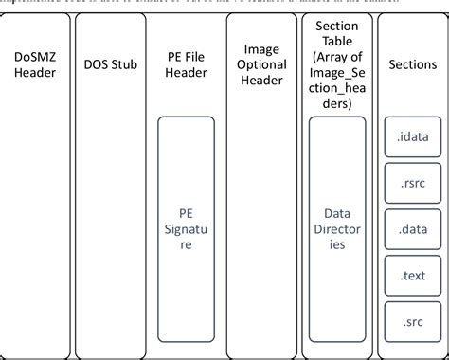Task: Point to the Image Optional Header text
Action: pos(261,63)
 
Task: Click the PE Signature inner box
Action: pos(186,228)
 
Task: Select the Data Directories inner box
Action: pos(337,228)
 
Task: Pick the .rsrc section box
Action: pos(413,184)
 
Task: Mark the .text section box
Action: pos(413,277)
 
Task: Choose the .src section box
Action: pos(413,322)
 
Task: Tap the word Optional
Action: pos(261,63)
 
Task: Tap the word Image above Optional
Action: pos(261,48)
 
